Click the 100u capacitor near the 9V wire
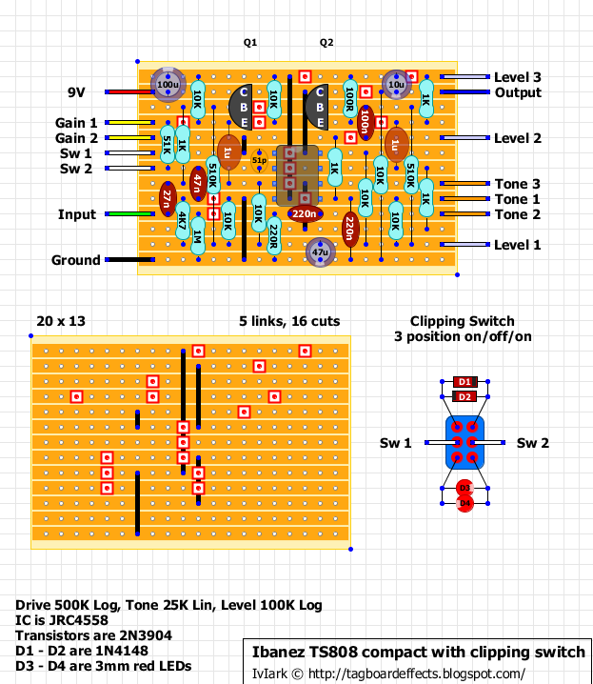tap(168, 85)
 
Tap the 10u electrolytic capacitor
tap(396, 85)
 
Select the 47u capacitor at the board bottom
tap(320, 252)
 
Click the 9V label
tap(77, 92)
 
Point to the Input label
tap(76, 214)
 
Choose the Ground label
tap(76, 260)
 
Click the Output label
tap(518, 92)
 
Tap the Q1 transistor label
tap(250, 43)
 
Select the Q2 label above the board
tap(326, 43)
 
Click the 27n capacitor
tap(168, 199)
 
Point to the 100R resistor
tap(350, 100)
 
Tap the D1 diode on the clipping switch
tap(465, 381)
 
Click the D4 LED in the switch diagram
tap(465, 503)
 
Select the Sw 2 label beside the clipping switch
tap(532, 443)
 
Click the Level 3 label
tap(517, 77)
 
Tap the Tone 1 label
tap(517, 199)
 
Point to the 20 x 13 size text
tap(61, 322)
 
